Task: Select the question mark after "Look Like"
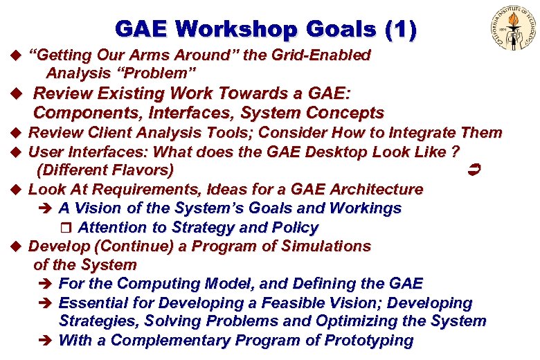pos(456,152)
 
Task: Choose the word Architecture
pos(377,189)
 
